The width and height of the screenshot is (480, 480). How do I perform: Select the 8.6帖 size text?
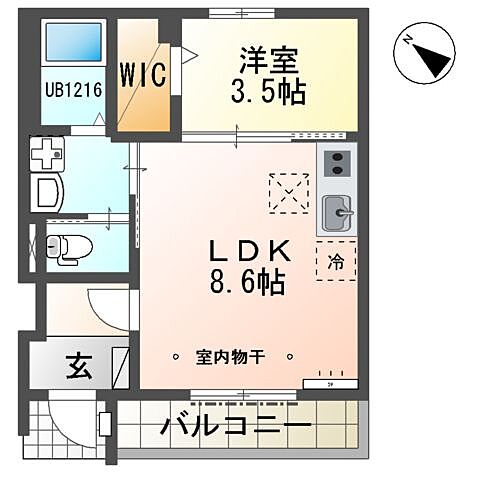(248, 281)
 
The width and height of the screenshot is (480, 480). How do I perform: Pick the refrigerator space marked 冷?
(336, 261)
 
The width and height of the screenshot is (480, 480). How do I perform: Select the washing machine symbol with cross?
(46, 155)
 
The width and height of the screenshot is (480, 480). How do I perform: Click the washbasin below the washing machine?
(47, 194)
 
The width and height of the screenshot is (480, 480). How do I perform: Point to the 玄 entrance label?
(78, 367)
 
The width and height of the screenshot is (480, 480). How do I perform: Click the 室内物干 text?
(232, 356)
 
